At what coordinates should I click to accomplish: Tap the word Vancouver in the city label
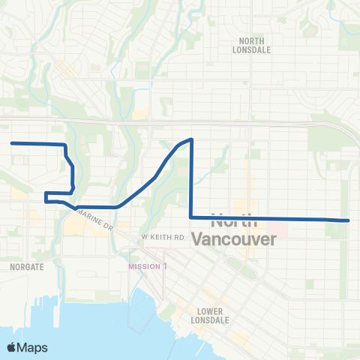point(234,239)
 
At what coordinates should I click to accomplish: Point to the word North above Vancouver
point(234,223)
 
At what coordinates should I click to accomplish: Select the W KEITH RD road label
point(163,237)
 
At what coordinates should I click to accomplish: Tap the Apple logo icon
point(12,347)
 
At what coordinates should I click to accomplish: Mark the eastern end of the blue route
point(349,220)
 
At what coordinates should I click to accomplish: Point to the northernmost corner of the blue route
point(192,139)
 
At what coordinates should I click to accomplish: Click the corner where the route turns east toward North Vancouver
point(191,217)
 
